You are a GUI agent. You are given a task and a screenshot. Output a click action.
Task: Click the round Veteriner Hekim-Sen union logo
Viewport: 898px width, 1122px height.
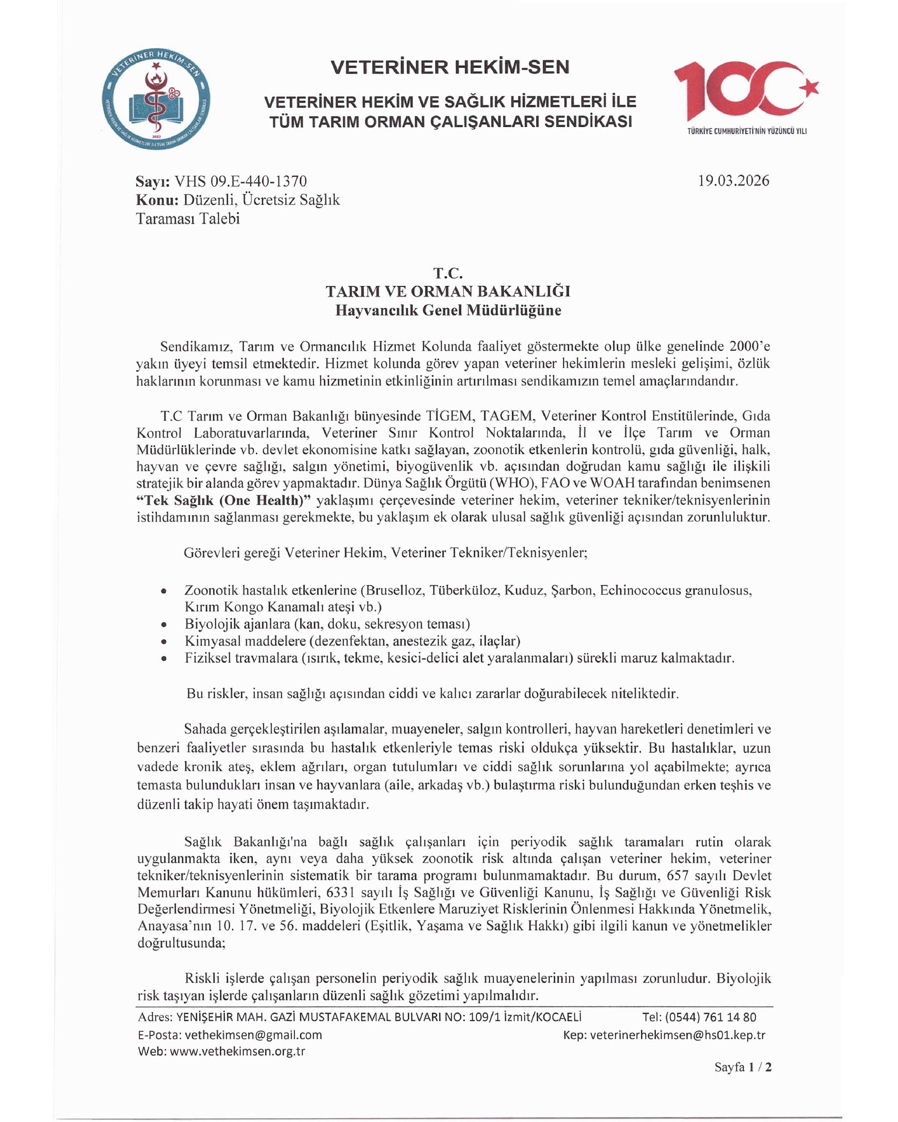point(156,102)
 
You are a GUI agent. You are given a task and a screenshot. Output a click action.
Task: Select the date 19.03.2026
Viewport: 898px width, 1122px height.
point(734,181)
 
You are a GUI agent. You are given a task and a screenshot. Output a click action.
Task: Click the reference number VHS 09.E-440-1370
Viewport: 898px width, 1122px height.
point(240,181)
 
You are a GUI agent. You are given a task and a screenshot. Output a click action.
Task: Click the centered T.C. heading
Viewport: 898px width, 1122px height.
point(448,273)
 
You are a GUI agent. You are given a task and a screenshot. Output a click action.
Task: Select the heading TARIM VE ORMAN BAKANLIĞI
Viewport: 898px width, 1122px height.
point(448,291)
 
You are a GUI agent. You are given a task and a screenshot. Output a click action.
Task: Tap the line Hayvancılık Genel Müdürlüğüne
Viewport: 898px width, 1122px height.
point(448,311)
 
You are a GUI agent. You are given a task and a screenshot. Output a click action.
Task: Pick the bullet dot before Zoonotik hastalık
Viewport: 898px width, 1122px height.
point(163,592)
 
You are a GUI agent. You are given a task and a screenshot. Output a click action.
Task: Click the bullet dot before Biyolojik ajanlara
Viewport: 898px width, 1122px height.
point(163,625)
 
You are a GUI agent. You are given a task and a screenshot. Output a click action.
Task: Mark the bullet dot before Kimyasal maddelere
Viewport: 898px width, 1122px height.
point(163,642)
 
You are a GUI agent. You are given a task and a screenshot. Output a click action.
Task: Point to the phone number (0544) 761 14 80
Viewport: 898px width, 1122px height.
point(711,1017)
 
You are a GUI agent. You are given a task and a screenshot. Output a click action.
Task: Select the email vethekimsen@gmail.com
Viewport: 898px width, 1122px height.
point(253,1035)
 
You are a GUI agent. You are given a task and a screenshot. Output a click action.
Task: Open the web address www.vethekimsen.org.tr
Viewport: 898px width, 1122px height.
point(237,1051)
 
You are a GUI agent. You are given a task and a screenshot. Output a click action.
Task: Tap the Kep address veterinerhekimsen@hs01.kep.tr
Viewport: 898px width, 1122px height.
point(677,1035)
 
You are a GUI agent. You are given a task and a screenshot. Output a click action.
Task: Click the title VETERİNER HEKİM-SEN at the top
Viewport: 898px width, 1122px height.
point(450,67)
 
